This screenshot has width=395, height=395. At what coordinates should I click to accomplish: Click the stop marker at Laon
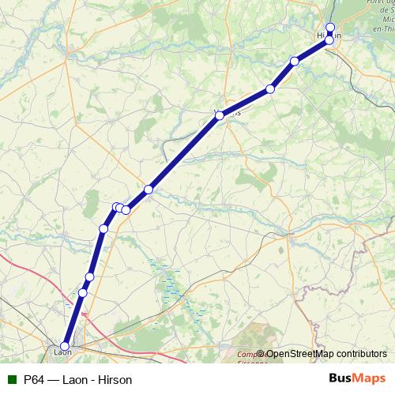point(65,344)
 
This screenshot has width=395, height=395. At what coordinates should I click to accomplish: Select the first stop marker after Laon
point(83,293)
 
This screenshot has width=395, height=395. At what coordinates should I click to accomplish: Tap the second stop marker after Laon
point(89,276)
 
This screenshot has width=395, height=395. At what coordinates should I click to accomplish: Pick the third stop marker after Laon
point(103,229)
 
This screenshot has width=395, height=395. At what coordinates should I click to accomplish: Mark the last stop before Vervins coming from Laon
point(148,190)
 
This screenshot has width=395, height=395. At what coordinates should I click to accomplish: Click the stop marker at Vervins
point(220,116)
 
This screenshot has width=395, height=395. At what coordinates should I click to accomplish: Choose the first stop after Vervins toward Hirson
point(270,89)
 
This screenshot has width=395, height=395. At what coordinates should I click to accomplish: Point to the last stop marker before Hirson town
point(295,61)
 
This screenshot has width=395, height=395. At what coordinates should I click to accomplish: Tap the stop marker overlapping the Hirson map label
point(329,39)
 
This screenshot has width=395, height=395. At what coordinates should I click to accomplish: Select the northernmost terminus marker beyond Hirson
point(330,28)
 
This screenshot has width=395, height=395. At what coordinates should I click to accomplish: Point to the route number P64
point(33,379)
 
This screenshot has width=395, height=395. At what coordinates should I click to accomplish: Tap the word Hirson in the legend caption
point(115,379)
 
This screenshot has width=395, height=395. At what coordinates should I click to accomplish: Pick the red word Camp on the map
point(247,354)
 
